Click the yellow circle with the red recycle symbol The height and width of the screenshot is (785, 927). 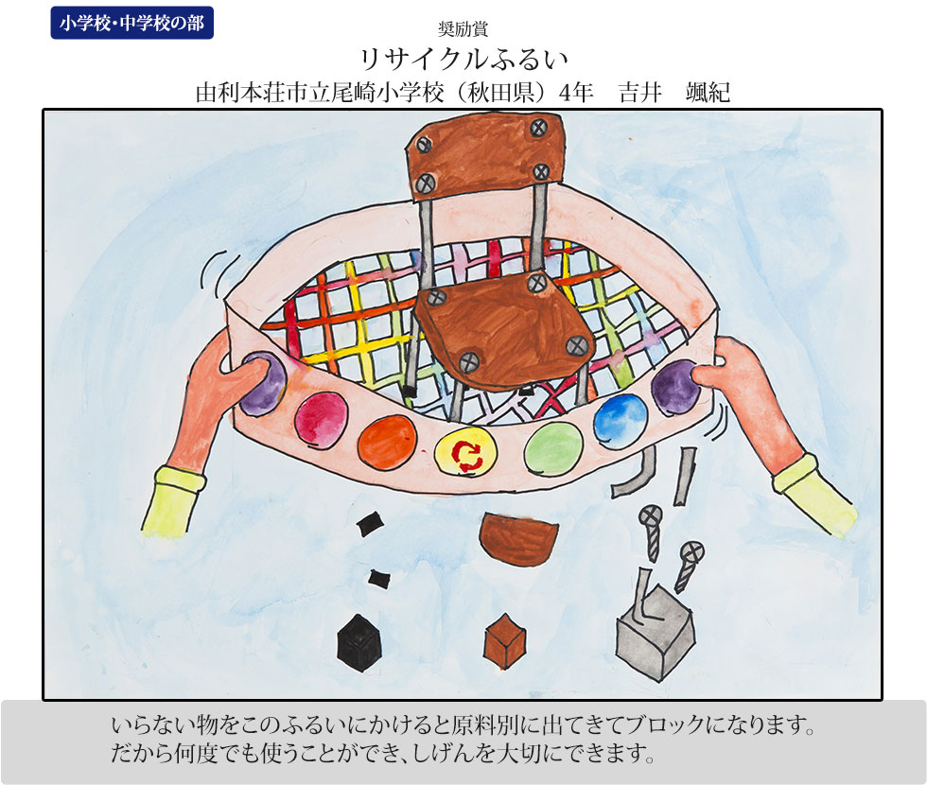(465, 452)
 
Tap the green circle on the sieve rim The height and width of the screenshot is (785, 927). (553, 449)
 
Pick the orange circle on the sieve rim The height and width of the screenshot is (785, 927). (387, 442)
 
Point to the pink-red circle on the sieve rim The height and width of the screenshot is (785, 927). (321, 419)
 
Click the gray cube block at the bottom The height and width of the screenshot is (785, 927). (654, 633)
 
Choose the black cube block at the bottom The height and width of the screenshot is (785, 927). (359, 643)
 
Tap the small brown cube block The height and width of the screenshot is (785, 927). (504, 641)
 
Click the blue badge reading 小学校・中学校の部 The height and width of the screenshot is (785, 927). (131, 23)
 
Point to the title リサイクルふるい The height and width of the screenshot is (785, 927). (463, 59)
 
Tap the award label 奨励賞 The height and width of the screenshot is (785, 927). (463, 28)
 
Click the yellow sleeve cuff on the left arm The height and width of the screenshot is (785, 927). (173, 500)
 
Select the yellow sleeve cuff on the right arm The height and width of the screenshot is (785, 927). (814, 496)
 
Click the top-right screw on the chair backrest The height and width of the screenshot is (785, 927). (538, 127)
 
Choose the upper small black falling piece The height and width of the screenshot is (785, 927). (370, 523)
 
